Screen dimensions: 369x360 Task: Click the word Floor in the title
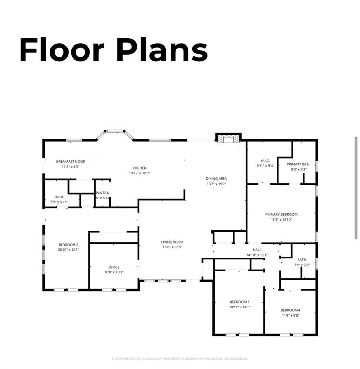tap(62, 49)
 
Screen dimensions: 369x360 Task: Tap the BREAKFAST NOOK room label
tap(71, 162)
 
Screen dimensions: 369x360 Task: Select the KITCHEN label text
tap(139, 168)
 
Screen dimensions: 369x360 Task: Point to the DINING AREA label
tap(216, 178)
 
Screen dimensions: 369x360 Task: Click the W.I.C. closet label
tap(265, 160)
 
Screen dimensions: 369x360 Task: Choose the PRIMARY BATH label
tap(298, 164)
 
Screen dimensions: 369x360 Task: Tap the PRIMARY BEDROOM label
tap(281, 214)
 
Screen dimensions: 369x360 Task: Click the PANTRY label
tap(102, 193)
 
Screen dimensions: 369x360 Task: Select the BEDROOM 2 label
tap(68, 245)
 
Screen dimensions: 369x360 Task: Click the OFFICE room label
tap(114, 267)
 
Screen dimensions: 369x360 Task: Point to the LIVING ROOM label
tap(172, 242)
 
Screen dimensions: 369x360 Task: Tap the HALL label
tap(257, 250)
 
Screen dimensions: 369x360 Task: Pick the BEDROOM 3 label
tap(239, 302)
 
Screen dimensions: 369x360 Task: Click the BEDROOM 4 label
tap(290, 310)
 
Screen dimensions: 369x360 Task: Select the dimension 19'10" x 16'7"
tap(139, 173)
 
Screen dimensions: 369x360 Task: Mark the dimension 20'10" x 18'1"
tap(68, 249)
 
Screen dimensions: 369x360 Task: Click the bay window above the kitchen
tap(114, 133)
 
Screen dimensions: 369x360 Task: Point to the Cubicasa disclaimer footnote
tap(180, 358)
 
